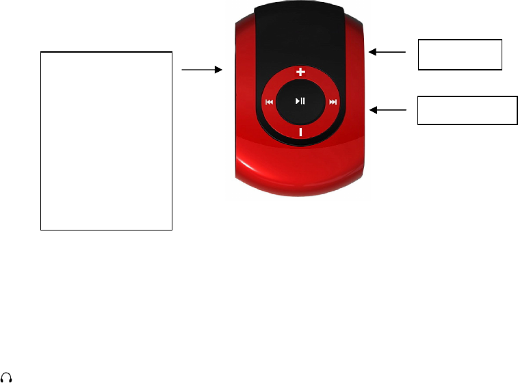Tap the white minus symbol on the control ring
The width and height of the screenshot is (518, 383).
click(300, 131)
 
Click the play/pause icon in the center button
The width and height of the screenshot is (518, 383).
click(300, 101)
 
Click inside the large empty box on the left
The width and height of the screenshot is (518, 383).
click(106, 140)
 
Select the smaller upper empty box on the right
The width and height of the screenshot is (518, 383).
click(460, 55)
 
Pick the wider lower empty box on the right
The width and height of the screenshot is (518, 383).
click(467, 110)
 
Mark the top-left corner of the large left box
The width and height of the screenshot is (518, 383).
click(41, 51)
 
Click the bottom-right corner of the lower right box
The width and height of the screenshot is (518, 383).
click(517, 124)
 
